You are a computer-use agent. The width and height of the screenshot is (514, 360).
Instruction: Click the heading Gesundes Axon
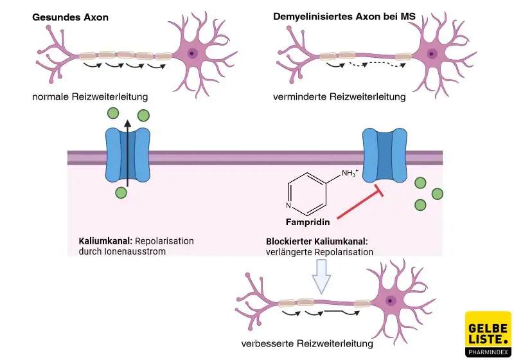click(70, 17)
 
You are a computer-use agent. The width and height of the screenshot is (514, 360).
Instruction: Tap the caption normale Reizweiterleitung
click(90, 97)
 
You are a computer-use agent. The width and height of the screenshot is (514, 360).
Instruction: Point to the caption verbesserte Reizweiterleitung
click(306, 343)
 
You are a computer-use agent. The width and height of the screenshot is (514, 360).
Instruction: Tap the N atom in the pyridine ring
click(288, 206)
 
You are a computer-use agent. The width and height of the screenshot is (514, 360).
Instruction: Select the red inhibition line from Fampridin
click(359, 204)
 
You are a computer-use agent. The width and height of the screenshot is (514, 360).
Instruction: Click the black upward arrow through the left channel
click(128, 154)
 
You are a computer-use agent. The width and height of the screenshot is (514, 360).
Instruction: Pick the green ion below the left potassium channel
click(121, 192)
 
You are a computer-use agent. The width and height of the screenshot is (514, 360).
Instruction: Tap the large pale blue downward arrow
click(321, 276)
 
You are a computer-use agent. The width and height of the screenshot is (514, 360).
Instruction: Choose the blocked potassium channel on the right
click(385, 156)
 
